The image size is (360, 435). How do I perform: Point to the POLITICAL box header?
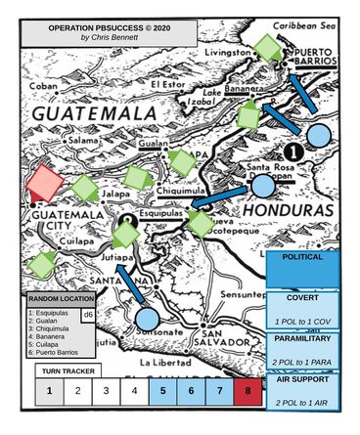click(302, 256)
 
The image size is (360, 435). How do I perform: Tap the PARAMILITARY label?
click(302, 338)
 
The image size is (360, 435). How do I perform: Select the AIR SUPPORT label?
click(302, 382)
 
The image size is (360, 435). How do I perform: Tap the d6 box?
click(87, 315)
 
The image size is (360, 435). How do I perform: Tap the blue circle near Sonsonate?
click(147, 318)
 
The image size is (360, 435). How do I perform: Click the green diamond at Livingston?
click(264, 46)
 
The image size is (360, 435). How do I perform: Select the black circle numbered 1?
click(291, 152)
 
